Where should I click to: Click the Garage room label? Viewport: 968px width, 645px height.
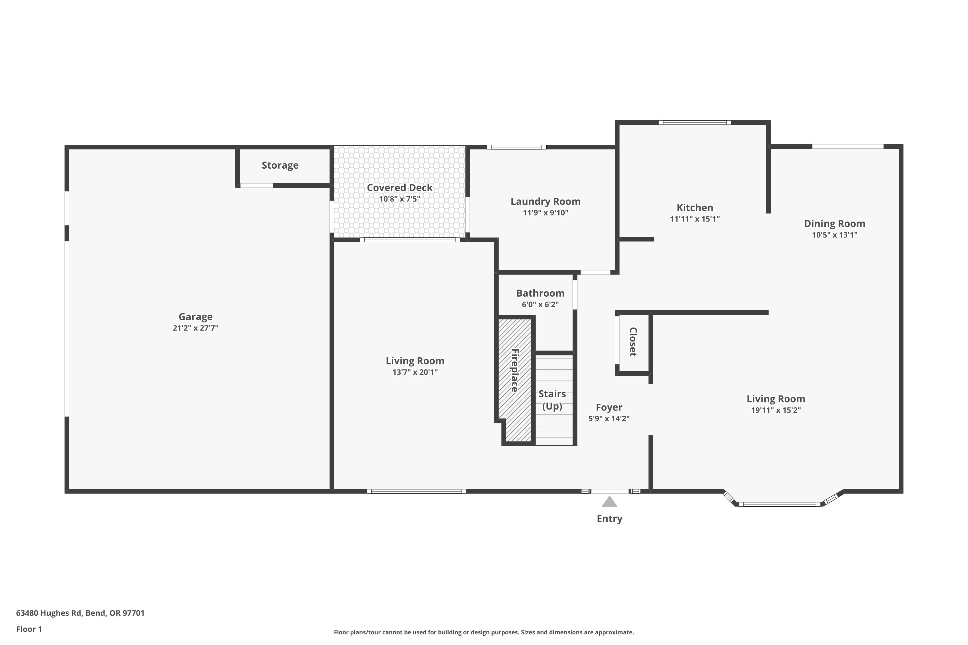pos(196,317)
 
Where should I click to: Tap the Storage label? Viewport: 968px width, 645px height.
pos(280,165)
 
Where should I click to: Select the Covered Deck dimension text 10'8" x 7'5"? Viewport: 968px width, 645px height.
pos(400,199)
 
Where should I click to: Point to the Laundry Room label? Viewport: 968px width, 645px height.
pos(545,202)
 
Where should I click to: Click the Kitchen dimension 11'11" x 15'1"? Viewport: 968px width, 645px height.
pos(695,219)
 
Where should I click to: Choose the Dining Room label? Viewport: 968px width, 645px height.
pos(835,224)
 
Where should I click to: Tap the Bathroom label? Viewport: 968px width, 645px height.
pos(540,293)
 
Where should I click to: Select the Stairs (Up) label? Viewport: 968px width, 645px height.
pos(552,400)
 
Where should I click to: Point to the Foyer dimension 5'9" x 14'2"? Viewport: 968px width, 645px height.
pos(609,419)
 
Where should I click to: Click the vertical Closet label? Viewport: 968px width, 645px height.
pos(633,342)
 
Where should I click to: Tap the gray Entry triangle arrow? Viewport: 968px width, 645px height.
pos(610,501)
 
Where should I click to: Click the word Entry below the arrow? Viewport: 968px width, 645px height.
pos(610,519)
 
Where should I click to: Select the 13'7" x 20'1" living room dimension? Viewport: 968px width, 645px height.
pos(415,372)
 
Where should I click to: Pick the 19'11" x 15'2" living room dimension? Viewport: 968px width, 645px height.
pos(776,410)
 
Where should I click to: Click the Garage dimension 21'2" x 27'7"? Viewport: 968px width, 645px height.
pos(196,328)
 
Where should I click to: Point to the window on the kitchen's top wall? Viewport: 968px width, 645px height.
pos(695,122)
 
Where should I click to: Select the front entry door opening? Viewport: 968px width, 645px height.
pos(610,491)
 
